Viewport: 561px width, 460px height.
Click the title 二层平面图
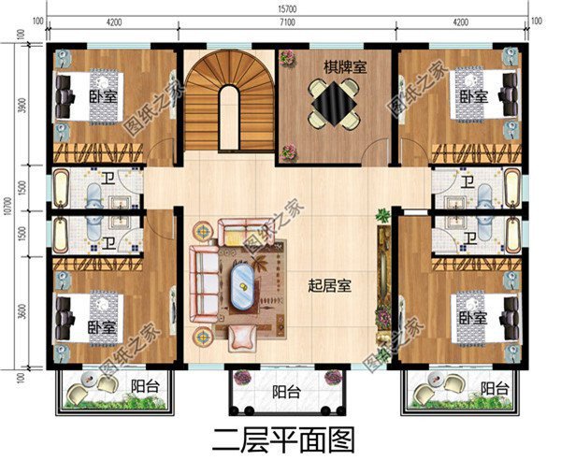280,437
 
